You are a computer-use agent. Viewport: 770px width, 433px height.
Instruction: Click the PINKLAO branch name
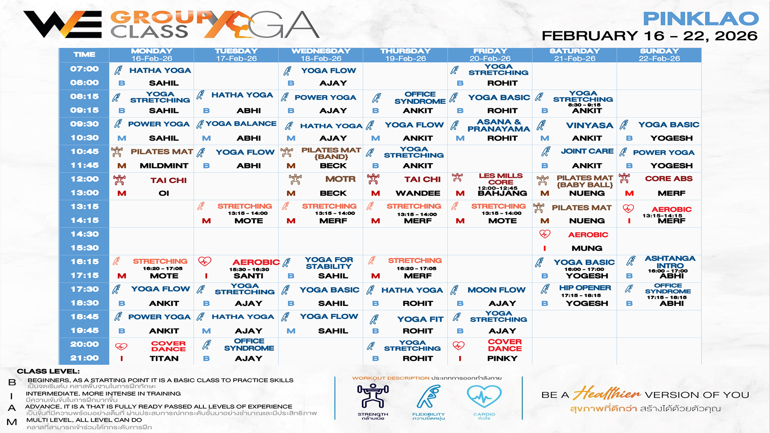click(x=700, y=18)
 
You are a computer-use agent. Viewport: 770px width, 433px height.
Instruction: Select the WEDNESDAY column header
click(x=321, y=51)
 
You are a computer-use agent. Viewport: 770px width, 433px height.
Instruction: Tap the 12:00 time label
click(x=85, y=179)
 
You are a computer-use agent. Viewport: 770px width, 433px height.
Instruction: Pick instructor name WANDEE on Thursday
click(x=417, y=193)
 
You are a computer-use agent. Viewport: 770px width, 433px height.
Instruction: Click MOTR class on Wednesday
click(x=340, y=179)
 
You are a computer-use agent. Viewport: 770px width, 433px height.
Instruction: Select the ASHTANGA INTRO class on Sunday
click(x=670, y=262)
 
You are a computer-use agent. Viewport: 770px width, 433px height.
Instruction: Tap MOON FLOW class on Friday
click(x=496, y=290)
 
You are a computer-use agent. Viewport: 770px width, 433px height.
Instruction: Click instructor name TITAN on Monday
click(x=164, y=358)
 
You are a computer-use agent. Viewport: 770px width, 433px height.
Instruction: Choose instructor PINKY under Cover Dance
click(x=502, y=358)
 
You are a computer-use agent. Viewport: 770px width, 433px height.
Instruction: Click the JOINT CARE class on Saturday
click(x=587, y=151)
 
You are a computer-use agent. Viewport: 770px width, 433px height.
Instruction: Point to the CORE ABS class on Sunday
click(x=669, y=179)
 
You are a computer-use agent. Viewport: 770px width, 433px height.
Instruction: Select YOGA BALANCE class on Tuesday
click(x=241, y=124)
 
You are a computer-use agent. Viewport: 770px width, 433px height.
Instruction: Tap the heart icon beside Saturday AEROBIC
click(x=545, y=234)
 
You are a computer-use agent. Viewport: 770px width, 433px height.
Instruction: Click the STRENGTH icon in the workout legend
click(x=373, y=397)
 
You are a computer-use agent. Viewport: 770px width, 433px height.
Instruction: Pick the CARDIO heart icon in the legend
click(x=484, y=397)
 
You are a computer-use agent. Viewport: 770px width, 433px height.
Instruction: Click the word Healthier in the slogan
click(x=607, y=393)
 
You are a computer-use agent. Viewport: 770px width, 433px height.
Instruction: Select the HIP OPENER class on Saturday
click(x=585, y=288)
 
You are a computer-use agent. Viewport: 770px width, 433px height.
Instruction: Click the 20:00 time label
click(x=85, y=344)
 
